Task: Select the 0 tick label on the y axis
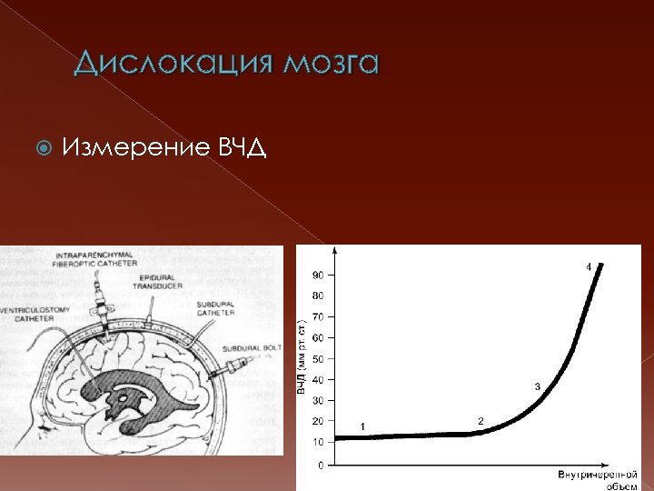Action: coord(321,465)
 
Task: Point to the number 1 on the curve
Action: coord(362,426)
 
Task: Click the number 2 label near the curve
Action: coord(481,419)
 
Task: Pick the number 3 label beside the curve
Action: coord(537,386)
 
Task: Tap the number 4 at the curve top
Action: coord(588,266)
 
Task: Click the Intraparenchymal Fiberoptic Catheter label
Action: coord(95,259)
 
